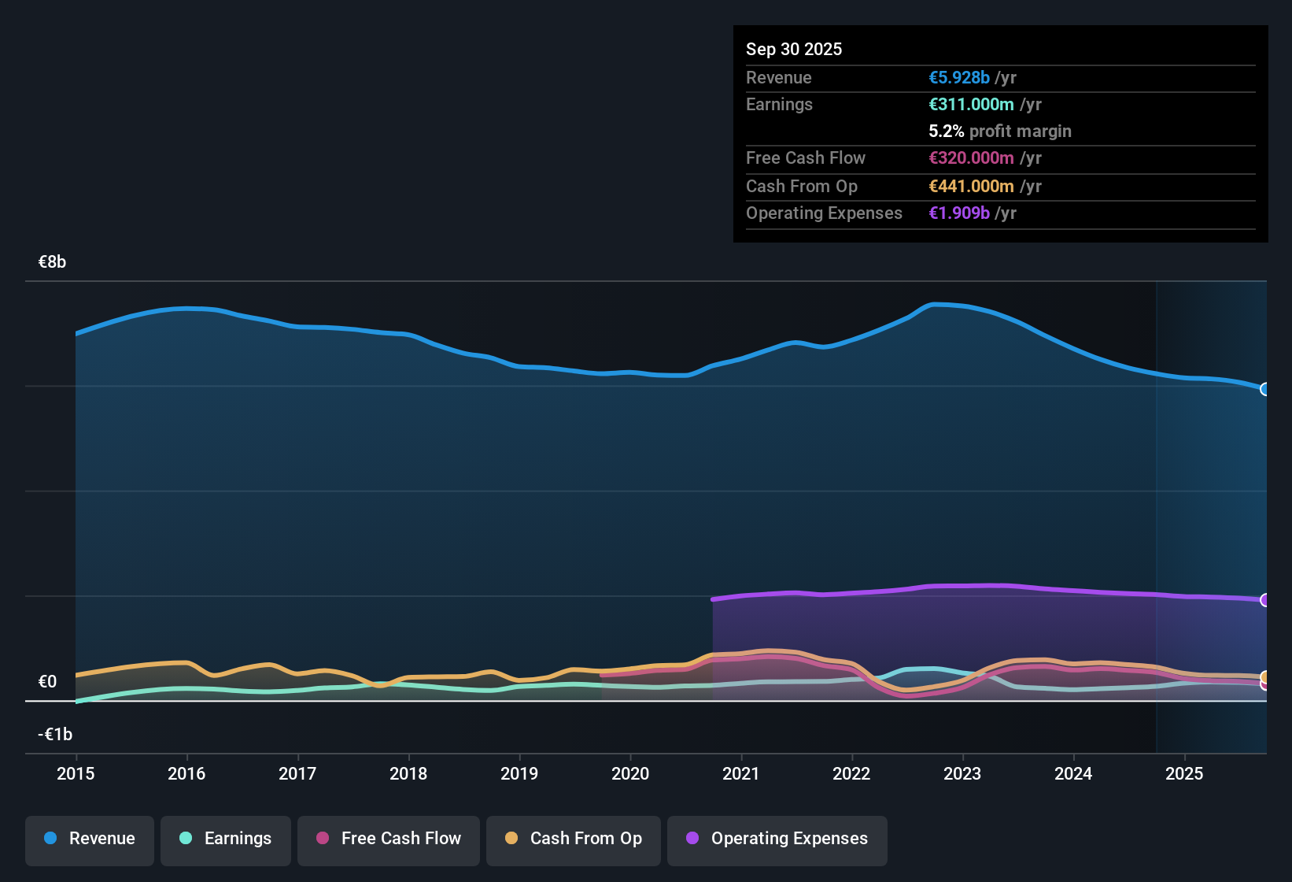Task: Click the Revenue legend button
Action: tap(90, 839)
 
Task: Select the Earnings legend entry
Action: tap(226, 839)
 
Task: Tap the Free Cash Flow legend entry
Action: tap(389, 839)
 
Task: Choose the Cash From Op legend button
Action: tap(574, 839)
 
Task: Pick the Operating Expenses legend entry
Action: tap(777, 839)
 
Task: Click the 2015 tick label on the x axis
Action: tap(76, 774)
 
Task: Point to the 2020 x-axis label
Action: tap(630, 774)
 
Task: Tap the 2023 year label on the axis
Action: tap(962, 774)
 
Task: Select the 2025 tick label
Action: tap(1184, 774)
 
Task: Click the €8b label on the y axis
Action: tap(52, 262)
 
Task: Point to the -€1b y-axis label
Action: tap(55, 735)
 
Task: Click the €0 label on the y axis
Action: tap(47, 682)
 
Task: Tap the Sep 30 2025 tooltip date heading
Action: tap(794, 50)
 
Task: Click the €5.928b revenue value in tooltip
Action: tap(959, 78)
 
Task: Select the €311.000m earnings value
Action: tap(971, 105)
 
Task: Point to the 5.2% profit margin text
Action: tap(1000, 132)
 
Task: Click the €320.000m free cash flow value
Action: tap(971, 158)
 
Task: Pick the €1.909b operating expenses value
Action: tap(959, 213)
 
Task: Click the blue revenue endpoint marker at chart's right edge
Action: tap(1265, 389)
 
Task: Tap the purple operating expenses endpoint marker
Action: tap(1265, 600)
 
